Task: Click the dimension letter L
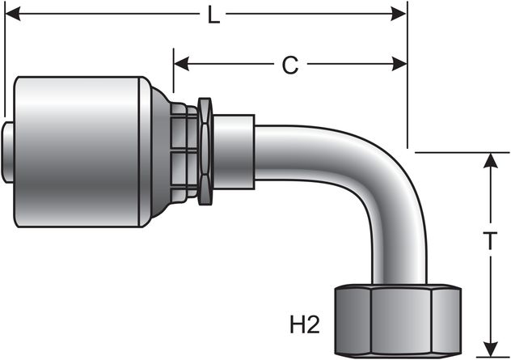pos(213,15)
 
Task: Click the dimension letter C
pos(289,66)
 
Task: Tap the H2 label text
pos(306,325)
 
